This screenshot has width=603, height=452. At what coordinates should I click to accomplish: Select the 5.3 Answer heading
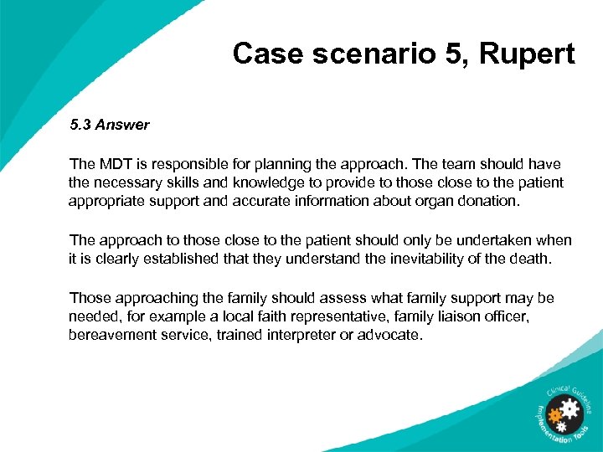pos(109,125)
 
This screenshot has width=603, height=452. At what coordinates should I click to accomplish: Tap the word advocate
pos(391,335)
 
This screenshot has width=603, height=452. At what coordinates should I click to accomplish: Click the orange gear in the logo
pos(554,415)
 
